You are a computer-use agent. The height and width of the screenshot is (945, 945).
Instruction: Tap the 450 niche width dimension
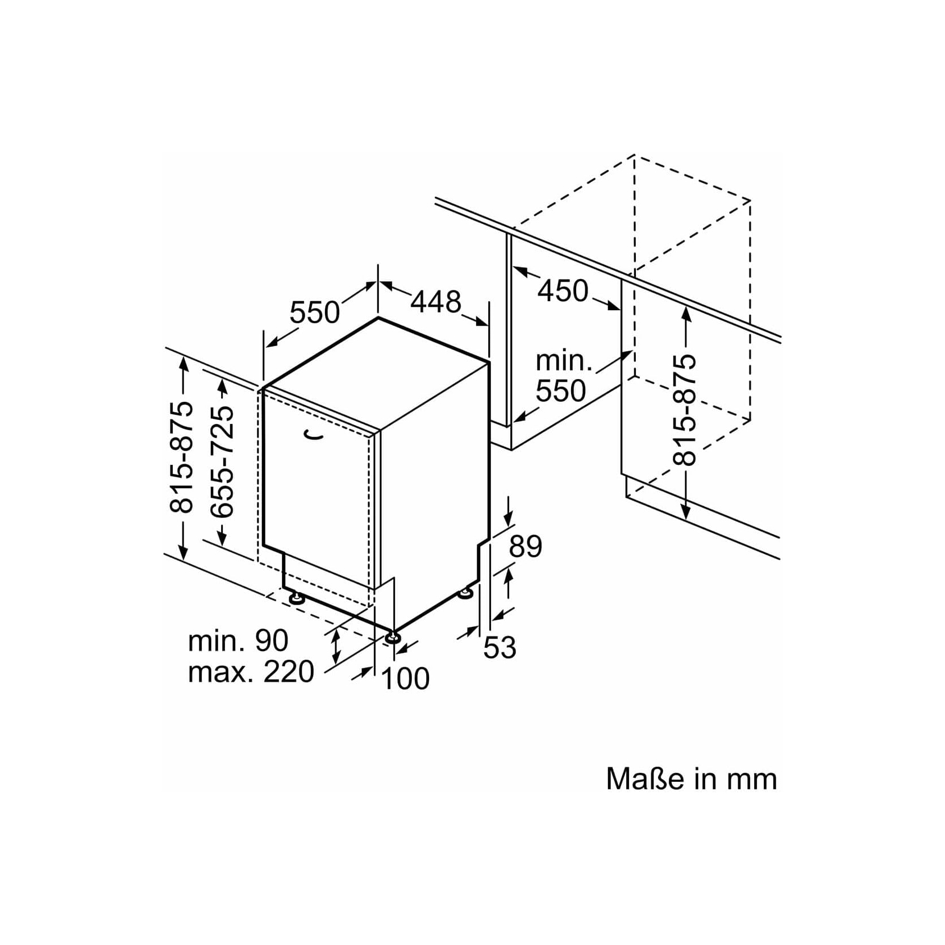(563, 291)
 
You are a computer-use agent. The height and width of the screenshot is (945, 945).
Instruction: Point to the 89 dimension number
(526, 547)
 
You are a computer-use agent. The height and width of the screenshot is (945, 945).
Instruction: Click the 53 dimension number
(499, 648)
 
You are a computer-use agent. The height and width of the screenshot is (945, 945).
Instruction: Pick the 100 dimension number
(406, 678)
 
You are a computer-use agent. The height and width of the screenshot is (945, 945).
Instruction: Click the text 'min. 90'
(238, 640)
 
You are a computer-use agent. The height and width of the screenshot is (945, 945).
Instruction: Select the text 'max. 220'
(251, 672)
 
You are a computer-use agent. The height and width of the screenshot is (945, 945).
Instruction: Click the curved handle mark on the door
(313, 435)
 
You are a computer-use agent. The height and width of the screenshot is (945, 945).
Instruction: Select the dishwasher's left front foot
(295, 597)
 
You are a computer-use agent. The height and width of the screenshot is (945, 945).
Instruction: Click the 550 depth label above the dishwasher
(315, 312)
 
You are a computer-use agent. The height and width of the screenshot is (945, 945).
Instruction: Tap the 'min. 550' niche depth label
(561, 376)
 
